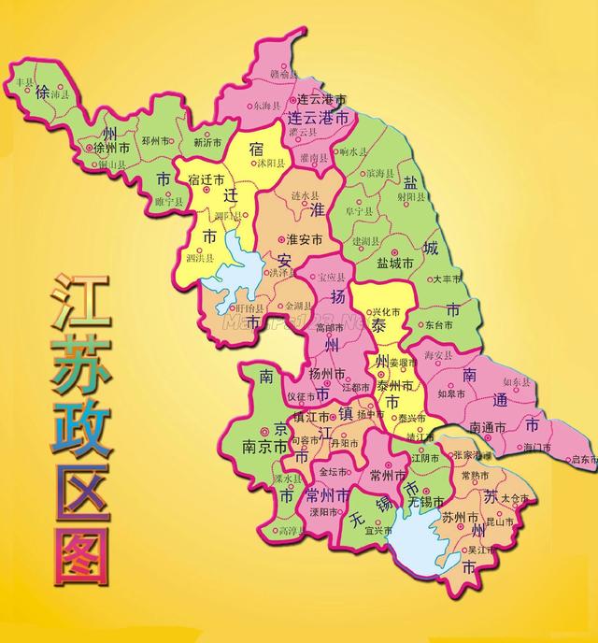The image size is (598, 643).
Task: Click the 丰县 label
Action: tap(19, 82)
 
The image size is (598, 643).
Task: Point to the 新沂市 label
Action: tap(207, 143)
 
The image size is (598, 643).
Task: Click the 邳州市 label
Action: tap(157, 141)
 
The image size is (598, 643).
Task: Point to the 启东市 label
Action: tap(582, 459)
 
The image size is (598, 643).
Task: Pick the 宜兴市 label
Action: tap(377, 530)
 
